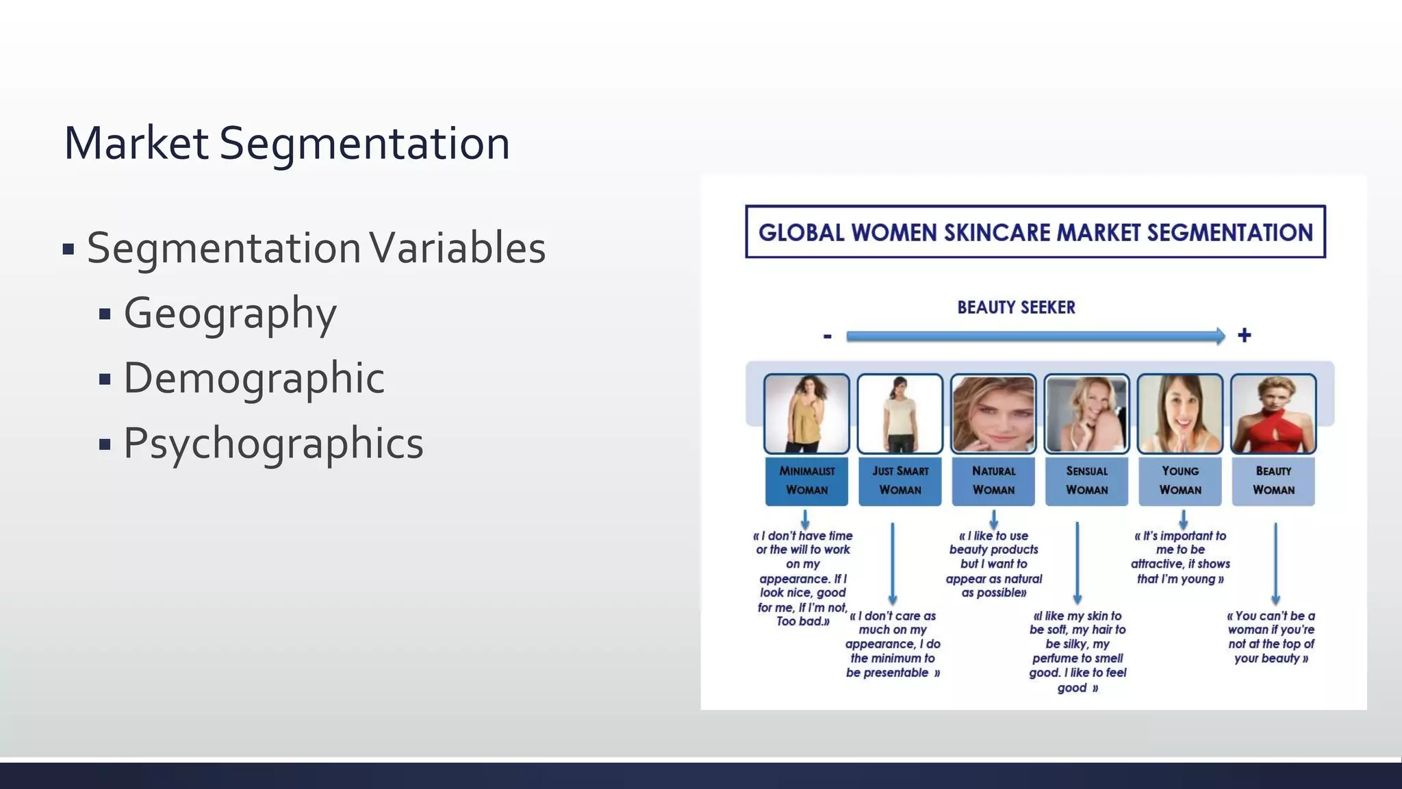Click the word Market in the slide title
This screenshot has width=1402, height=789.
136,143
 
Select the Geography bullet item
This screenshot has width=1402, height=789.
229,313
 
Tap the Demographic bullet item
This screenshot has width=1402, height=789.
253,378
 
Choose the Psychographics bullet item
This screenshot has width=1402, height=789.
273,443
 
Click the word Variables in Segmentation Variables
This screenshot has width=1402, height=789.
457,248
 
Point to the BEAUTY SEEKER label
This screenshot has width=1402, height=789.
1016,308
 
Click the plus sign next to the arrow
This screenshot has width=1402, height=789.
1244,336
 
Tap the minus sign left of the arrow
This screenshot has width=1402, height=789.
827,336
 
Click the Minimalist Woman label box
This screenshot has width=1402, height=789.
806,481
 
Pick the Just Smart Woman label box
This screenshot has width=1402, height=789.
900,481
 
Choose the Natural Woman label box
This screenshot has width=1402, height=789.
993,481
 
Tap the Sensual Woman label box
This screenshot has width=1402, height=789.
1086,481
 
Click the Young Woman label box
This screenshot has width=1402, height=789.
1180,481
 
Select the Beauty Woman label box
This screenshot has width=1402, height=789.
1273,481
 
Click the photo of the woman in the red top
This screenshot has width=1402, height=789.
1273,414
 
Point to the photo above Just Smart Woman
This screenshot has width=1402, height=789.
900,414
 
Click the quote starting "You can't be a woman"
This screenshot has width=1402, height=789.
1271,637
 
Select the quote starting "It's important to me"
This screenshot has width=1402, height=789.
1180,557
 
